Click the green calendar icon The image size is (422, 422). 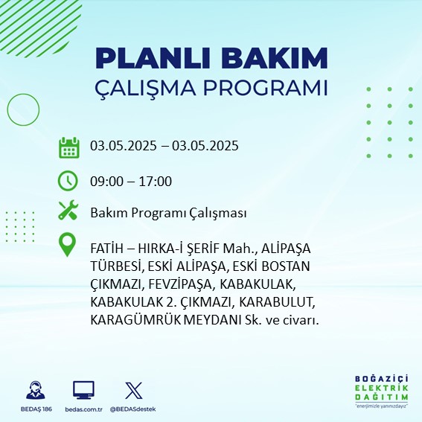[x=69, y=147]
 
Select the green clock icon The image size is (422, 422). [x=68, y=181]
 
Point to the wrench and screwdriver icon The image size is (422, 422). [x=68, y=210]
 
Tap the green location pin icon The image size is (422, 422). [x=67, y=244]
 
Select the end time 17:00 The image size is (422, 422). [x=156, y=182]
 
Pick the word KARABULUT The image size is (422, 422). [x=277, y=302]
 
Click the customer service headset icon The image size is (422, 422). [x=36, y=390]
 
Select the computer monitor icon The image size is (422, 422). [x=83, y=390]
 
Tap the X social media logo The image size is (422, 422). [x=134, y=390]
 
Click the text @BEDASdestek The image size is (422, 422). [x=132, y=409]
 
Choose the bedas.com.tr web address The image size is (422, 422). [x=83, y=409]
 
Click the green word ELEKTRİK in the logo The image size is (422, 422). [x=381, y=389]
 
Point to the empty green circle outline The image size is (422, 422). [x=7, y=110]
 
